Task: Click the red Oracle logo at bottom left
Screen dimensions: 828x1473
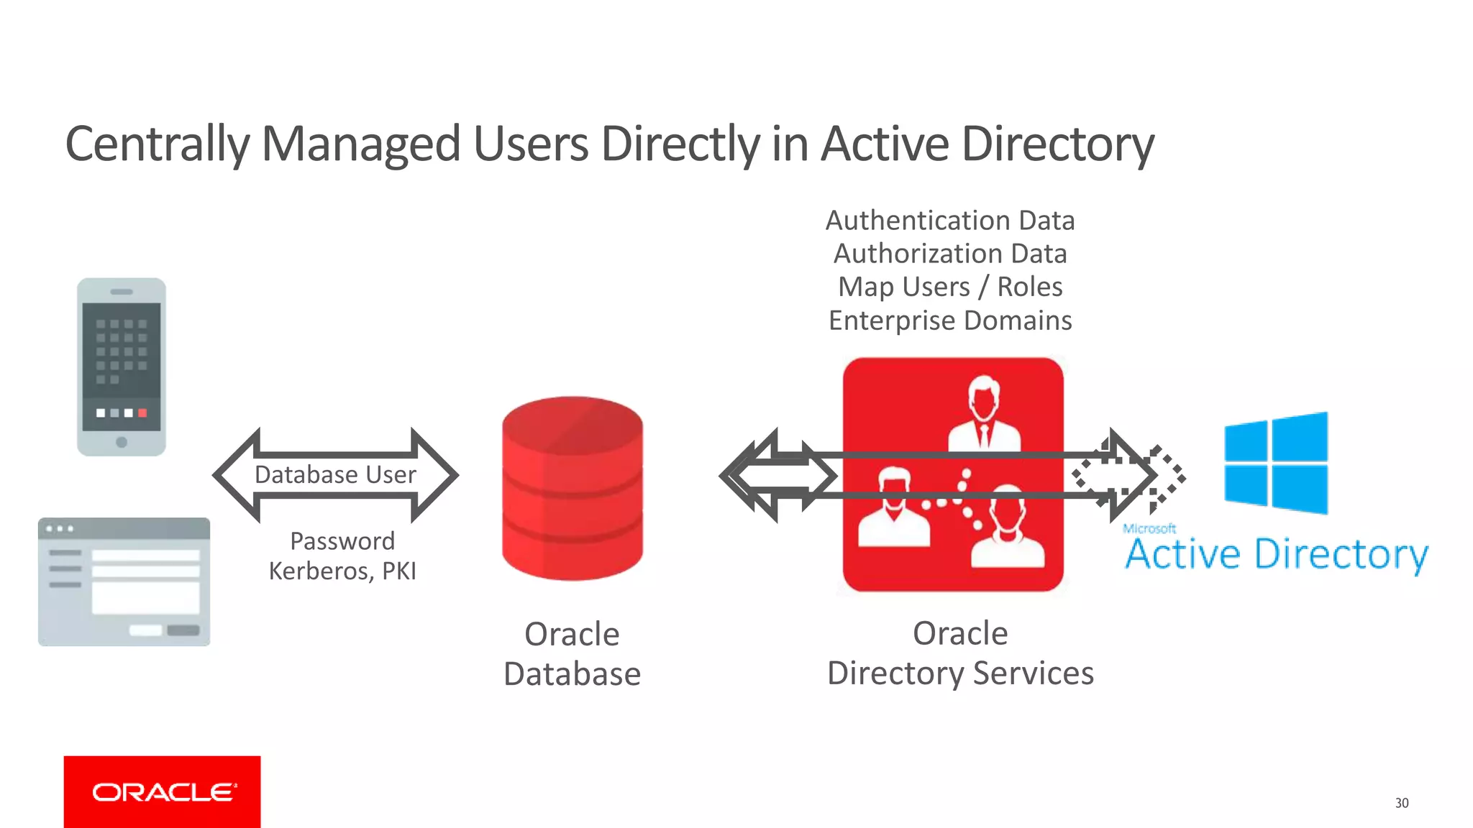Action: pos(162,791)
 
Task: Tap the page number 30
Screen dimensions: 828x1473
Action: pos(1401,803)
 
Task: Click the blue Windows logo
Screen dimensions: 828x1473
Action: pos(1275,463)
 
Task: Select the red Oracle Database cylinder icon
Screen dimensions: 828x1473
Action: pos(573,488)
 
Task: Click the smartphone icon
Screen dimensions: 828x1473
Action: pos(122,367)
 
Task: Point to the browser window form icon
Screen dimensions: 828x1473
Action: pos(124,581)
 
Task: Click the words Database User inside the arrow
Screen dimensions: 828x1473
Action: pos(335,474)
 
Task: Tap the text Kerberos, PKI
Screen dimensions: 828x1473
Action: pos(342,571)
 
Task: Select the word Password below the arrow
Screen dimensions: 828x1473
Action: pos(342,540)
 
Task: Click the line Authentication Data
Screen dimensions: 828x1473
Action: pos(950,221)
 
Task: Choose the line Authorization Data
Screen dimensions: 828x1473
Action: pos(950,254)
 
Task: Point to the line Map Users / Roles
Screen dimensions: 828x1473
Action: pos(950,287)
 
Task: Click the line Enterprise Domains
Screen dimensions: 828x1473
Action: pos(950,321)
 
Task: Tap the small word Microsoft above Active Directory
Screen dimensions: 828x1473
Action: pos(1149,528)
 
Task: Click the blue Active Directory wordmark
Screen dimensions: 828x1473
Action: pos(1277,555)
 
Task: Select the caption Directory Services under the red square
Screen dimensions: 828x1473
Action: pos(960,673)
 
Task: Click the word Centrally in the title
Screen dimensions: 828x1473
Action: pos(157,144)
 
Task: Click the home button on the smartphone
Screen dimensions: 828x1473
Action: pos(122,442)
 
